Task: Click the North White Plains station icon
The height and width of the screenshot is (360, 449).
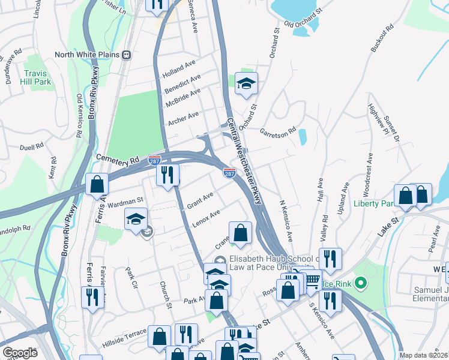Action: (127, 55)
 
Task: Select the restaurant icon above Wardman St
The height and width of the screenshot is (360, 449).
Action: (167, 175)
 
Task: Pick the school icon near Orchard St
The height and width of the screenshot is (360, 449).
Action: (246, 84)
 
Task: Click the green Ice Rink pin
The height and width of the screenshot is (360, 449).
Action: (360, 282)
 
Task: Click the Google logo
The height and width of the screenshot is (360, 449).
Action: (20, 353)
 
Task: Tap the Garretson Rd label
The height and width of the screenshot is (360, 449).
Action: (279, 130)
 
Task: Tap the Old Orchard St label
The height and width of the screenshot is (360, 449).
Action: (303, 18)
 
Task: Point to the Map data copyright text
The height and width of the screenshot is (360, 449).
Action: (423, 355)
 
